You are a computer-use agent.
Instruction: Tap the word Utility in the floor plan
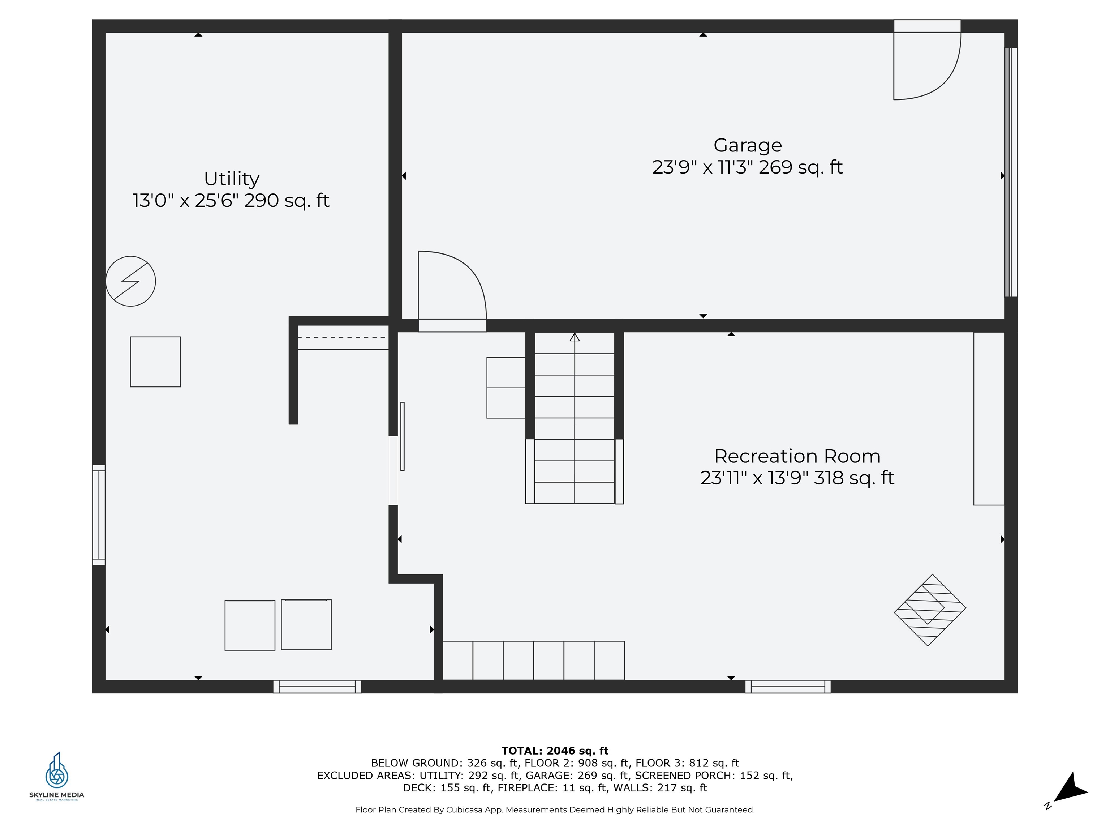tap(231, 179)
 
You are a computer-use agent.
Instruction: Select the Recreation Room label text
tap(797, 456)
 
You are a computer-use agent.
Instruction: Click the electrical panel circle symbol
tap(130, 281)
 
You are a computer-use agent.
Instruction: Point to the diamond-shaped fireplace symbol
tap(930, 610)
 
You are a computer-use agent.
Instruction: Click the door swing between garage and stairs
tap(452, 286)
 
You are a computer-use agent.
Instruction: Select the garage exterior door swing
tap(926, 65)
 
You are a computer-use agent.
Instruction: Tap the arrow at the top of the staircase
tap(575, 337)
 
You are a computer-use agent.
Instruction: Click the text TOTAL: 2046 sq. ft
tap(555, 751)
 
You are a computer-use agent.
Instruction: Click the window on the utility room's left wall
tap(99, 515)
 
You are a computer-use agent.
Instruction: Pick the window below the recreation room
tap(787, 686)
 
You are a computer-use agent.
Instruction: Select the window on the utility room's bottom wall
tap(317, 686)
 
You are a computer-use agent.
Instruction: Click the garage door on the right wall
tap(1011, 172)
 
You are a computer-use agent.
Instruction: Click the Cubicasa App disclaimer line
tap(555, 809)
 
